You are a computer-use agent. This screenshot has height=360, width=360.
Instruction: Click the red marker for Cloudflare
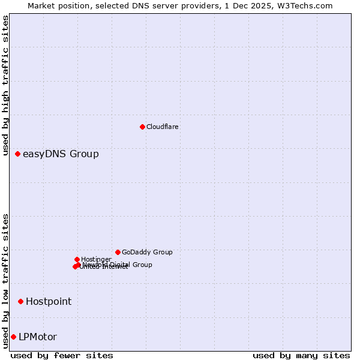[x=142, y=127]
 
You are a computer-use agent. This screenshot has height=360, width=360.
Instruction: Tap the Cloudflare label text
[x=163, y=127]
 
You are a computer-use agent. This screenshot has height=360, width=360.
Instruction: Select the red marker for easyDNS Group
[x=18, y=154]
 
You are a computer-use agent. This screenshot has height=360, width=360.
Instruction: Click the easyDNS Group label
[x=61, y=154]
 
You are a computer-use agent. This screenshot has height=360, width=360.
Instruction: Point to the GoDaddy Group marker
[x=118, y=252]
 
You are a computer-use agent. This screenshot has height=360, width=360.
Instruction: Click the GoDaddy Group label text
[x=147, y=253]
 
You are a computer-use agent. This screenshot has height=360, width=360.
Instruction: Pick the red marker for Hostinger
[x=77, y=259]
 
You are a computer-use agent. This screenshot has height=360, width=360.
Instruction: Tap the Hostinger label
[x=96, y=259]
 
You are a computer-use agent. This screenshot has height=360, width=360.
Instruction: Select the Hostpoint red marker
[x=20, y=301]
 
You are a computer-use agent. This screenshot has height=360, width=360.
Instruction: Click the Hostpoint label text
[x=49, y=302]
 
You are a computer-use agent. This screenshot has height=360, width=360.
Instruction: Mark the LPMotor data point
[x=13, y=337]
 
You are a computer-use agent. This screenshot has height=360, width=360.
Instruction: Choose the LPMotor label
[x=38, y=337]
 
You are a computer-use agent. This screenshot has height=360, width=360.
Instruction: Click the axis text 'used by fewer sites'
[x=62, y=355]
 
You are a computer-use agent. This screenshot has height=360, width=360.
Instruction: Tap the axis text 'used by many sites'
[x=301, y=355]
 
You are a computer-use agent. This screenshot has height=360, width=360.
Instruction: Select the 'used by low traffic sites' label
[x=6, y=281]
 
